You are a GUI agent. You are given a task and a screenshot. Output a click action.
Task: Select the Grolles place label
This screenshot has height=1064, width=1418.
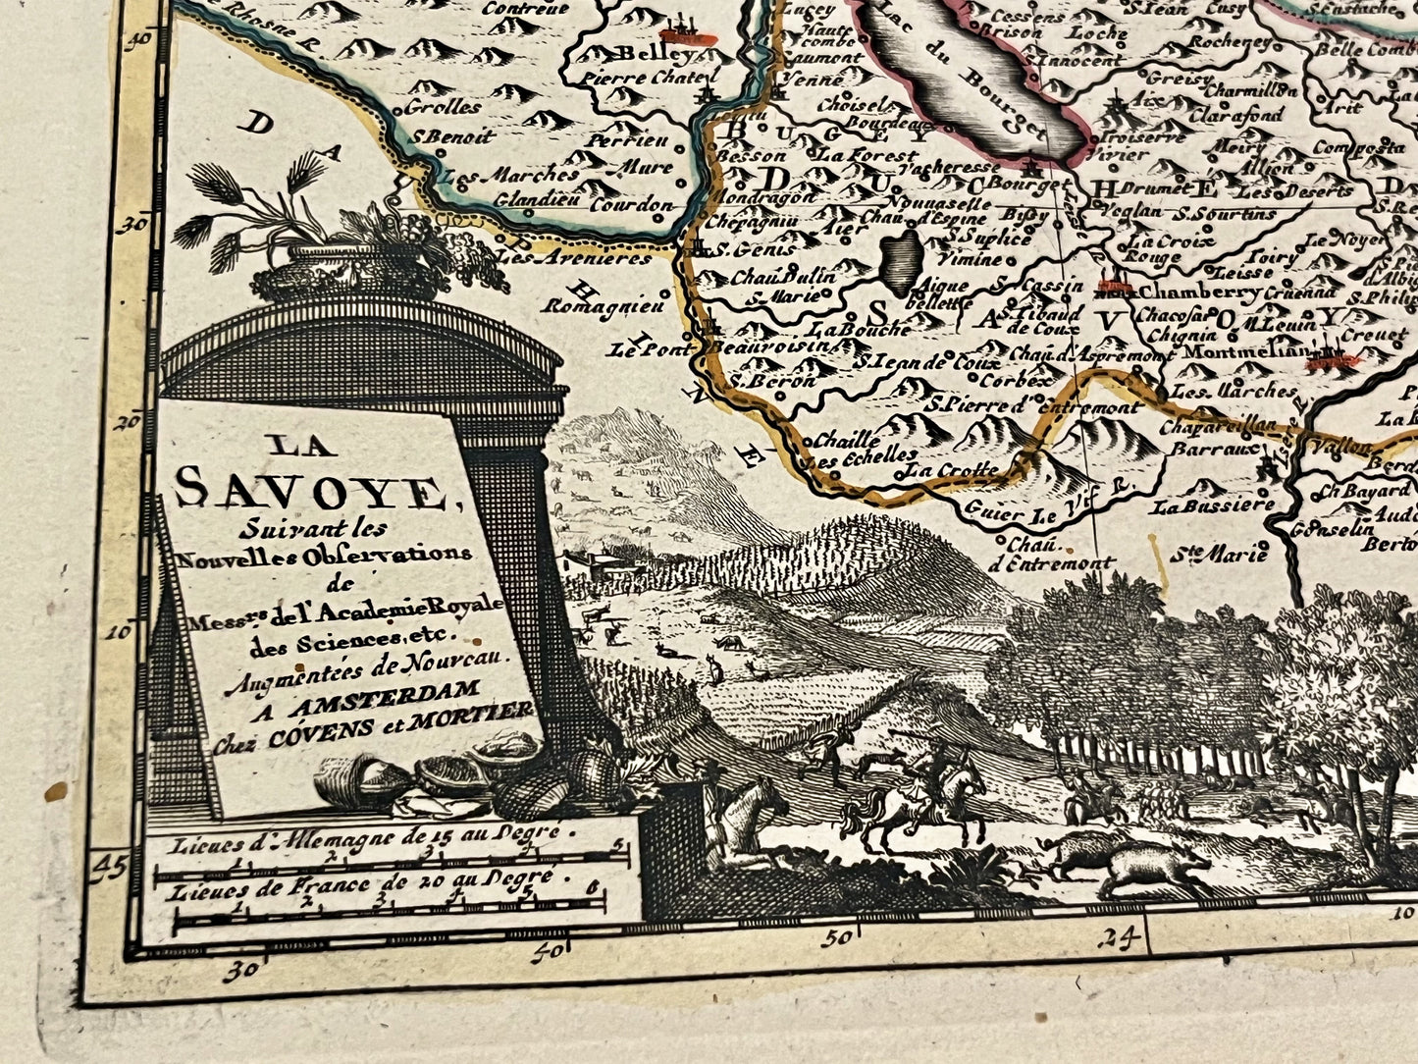(x=442, y=107)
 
